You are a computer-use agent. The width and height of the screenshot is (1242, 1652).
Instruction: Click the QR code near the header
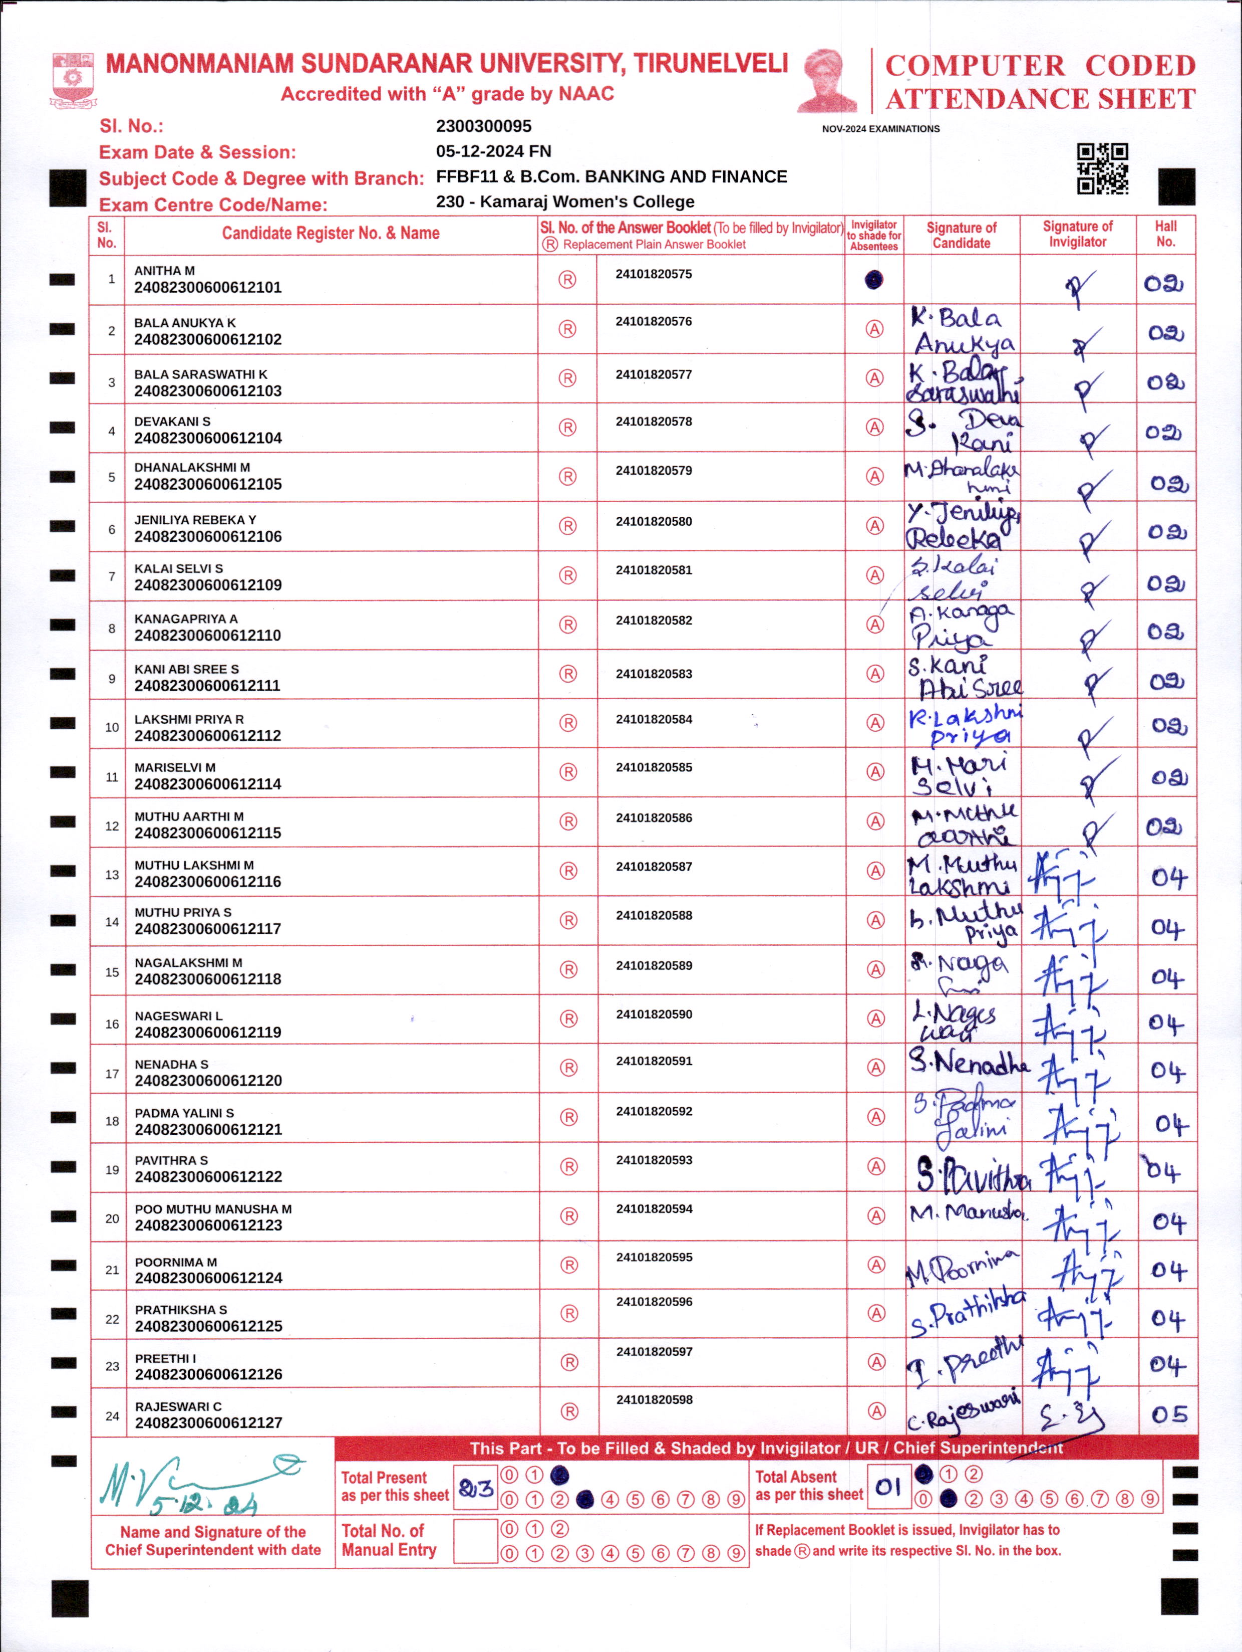pyautogui.click(x=1102, y=169)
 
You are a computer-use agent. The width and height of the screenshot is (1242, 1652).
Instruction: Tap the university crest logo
pyautogui.click(x=73, y=80)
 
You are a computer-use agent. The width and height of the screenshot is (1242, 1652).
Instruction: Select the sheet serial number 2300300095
pyautogui.click(x=484, y=126)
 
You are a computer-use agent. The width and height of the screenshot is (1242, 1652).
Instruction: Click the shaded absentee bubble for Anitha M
pyautogui.click(x=873, y=280)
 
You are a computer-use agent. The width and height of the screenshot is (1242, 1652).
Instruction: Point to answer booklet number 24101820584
pyautogui.click(x=654, y=719)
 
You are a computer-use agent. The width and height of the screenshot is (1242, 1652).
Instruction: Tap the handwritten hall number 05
pyautogui.click(x=1168, y=1414)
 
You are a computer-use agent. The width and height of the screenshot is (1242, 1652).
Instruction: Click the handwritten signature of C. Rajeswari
pyautogui.click(x=963, y=1411)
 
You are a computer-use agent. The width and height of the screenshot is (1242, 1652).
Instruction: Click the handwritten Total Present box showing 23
pyautogui.click(x=475, y=1489)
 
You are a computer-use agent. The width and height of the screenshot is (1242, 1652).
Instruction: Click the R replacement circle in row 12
pyautogui.click(x=568, y=821)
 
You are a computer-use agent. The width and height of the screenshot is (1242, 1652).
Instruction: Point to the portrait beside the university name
pyautogui.click(x=826, y=81)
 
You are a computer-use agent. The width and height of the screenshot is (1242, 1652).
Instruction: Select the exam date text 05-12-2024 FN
pyautogui.click(x=493, y=151)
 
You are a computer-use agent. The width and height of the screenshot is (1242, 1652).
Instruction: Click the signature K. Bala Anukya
pyautogui.click(x=962, y=330)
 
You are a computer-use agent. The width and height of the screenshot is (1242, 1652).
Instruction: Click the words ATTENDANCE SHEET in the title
pyautogui.click(x=1041, y=99)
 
